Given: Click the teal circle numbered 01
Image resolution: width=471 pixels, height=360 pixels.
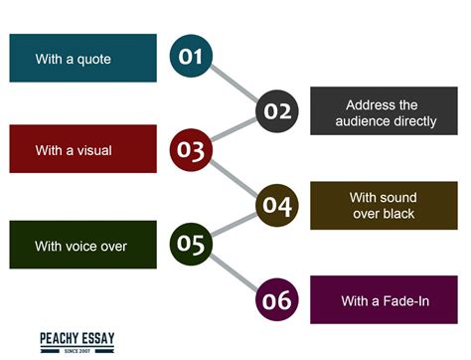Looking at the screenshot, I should tap(191, 56).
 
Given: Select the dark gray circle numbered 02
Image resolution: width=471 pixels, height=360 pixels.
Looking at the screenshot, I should tap(277, 110).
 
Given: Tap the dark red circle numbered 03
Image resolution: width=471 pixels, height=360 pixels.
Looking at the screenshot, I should tap(191, 149).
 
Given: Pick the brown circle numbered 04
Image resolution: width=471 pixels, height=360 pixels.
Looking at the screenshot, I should tap(277, 205).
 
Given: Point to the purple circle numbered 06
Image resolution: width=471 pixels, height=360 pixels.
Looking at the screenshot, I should tap(277, 298).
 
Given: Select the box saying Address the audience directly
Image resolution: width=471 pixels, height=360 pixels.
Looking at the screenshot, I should tap(386, 111).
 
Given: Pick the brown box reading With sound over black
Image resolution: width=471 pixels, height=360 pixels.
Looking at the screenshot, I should tap(386, 205).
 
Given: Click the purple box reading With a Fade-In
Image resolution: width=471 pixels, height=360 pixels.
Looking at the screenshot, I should tap(386, 299).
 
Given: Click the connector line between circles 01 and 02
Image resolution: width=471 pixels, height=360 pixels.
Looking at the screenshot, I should tap(235, 84).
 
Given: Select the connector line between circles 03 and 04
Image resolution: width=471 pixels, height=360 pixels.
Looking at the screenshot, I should tap(235, 177).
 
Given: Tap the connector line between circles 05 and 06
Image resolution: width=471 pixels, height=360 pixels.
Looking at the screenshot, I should tap(235, 270).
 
